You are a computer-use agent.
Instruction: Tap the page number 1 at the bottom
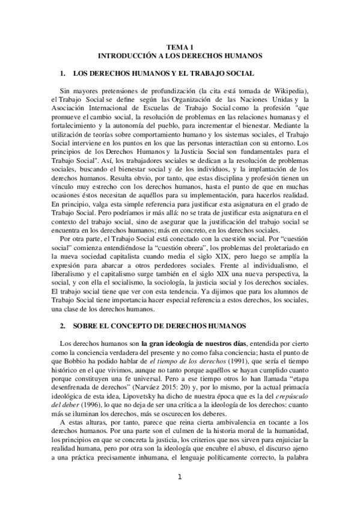tap(180, 494)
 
